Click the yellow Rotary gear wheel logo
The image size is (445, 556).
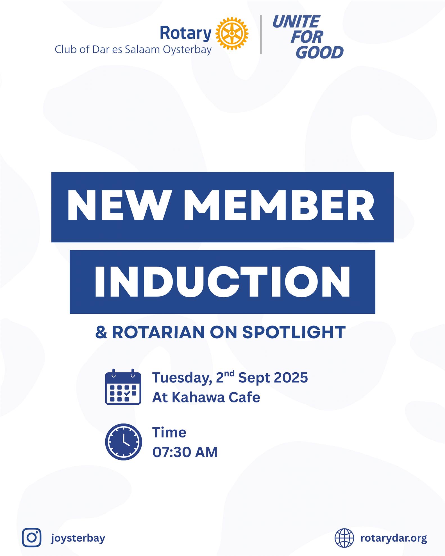pyautogui.click(x=232, y=33)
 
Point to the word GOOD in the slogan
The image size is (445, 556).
pyautogui.click(x=320, y=52)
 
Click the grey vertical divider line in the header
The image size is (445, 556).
pyautogui.click(x=261, y=35)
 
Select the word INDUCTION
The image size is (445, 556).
pyautogui.click(x=222, y=282)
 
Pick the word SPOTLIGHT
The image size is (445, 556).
pyautogui.click(x=294, y=332)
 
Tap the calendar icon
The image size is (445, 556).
pyautogui.click(x=123, y=387)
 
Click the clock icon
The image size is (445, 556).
pyautogui.click(x=124, y=442)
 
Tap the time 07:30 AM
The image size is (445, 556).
pyautogui.click(x=185, y=452)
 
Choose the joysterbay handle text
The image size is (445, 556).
pyautogui.click(x=78, y=538)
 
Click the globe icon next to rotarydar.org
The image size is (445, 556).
pyautogui.click(x=344, y=538)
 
